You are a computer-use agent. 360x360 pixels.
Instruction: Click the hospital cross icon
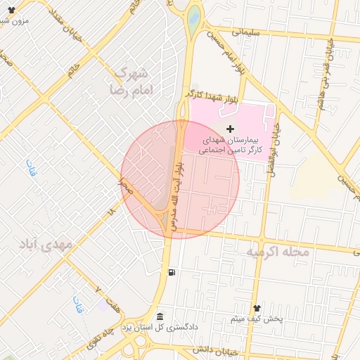pyautogui.click(x=231, y=130)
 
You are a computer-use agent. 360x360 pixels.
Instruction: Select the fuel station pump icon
pyautogui.click(x=171, y=272)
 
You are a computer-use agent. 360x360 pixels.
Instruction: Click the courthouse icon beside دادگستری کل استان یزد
pyautogui.click(x=160, y=317)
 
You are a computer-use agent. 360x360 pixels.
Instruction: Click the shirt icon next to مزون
pyautogui.click(x=30, y=12)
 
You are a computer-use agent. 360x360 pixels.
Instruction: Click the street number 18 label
pyautogui.click(x=110, y=211)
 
